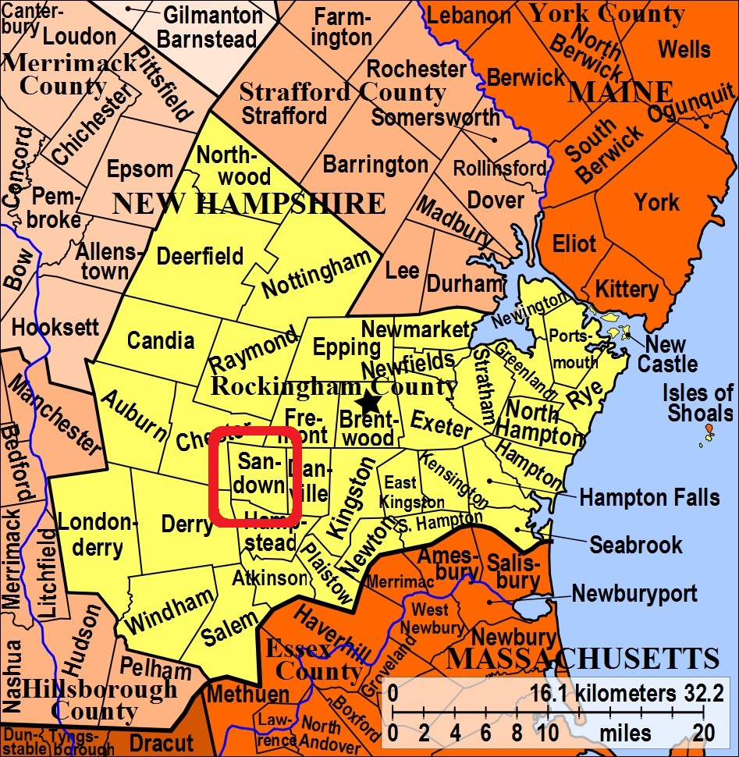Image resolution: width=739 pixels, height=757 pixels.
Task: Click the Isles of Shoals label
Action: point(698,402)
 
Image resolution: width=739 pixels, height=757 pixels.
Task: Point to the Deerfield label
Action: point(201,256)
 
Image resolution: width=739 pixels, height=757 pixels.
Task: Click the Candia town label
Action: point(161,340)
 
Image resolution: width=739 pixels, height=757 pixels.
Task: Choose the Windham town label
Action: point(170,611)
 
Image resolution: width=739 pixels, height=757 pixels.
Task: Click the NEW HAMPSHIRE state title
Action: point(249,204)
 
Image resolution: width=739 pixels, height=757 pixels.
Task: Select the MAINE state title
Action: point(620,92)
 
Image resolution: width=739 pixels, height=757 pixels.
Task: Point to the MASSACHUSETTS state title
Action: point(582,659)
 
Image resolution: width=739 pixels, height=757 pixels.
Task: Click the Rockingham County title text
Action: point(335,386)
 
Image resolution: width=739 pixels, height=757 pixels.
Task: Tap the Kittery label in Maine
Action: point(627,290)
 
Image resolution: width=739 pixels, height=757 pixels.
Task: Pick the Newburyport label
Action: point(634,593)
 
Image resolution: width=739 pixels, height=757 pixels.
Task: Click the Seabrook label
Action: point(636,544)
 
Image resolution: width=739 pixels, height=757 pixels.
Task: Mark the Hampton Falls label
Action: point(649,497)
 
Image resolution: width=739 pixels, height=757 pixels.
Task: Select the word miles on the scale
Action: point(625,734)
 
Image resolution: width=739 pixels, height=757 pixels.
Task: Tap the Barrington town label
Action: point(375,165)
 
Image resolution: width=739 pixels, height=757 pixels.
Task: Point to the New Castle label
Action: point(667,354)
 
